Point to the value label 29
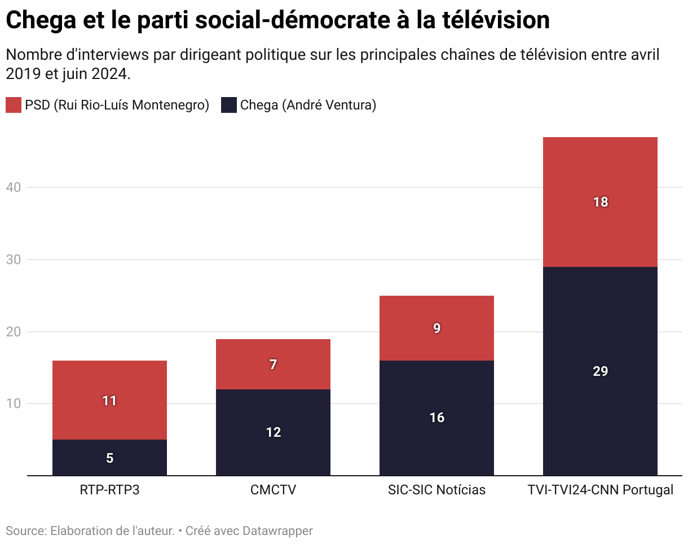[x=600, y=371]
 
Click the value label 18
[x=600, y=202]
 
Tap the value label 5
[x=109, y=458]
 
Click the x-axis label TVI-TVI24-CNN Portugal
[x=600, y=490]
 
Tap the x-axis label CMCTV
[x=273, y=490]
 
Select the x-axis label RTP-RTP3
[x=109, y=490]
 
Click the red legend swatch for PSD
[x=14, y=105]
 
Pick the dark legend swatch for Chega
[x=228, y=105]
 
